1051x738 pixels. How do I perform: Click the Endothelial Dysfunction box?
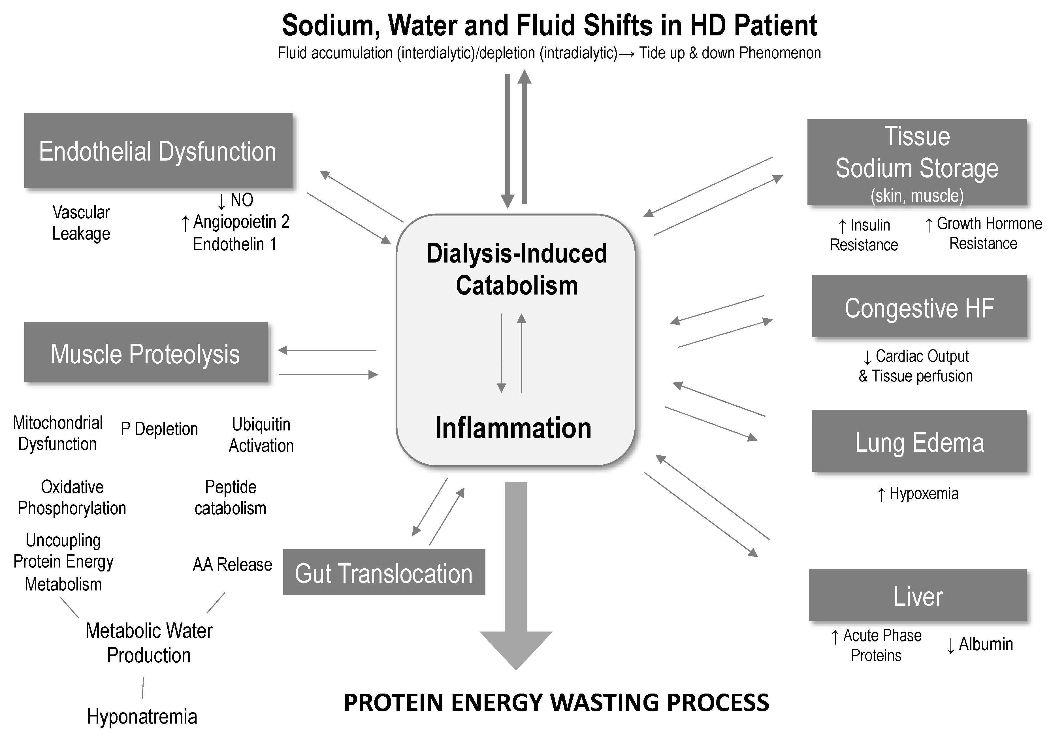[158, 151]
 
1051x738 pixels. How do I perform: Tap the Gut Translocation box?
[383, 572]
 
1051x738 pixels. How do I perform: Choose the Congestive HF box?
[919, 306]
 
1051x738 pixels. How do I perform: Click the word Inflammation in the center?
[513, 428]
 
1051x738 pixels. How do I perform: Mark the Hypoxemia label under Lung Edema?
[923, 494]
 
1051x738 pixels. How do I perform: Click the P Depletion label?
[159, 429]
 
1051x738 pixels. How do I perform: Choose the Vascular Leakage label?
[81, 223]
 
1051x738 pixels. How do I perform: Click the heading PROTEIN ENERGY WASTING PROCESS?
[556, 703]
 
